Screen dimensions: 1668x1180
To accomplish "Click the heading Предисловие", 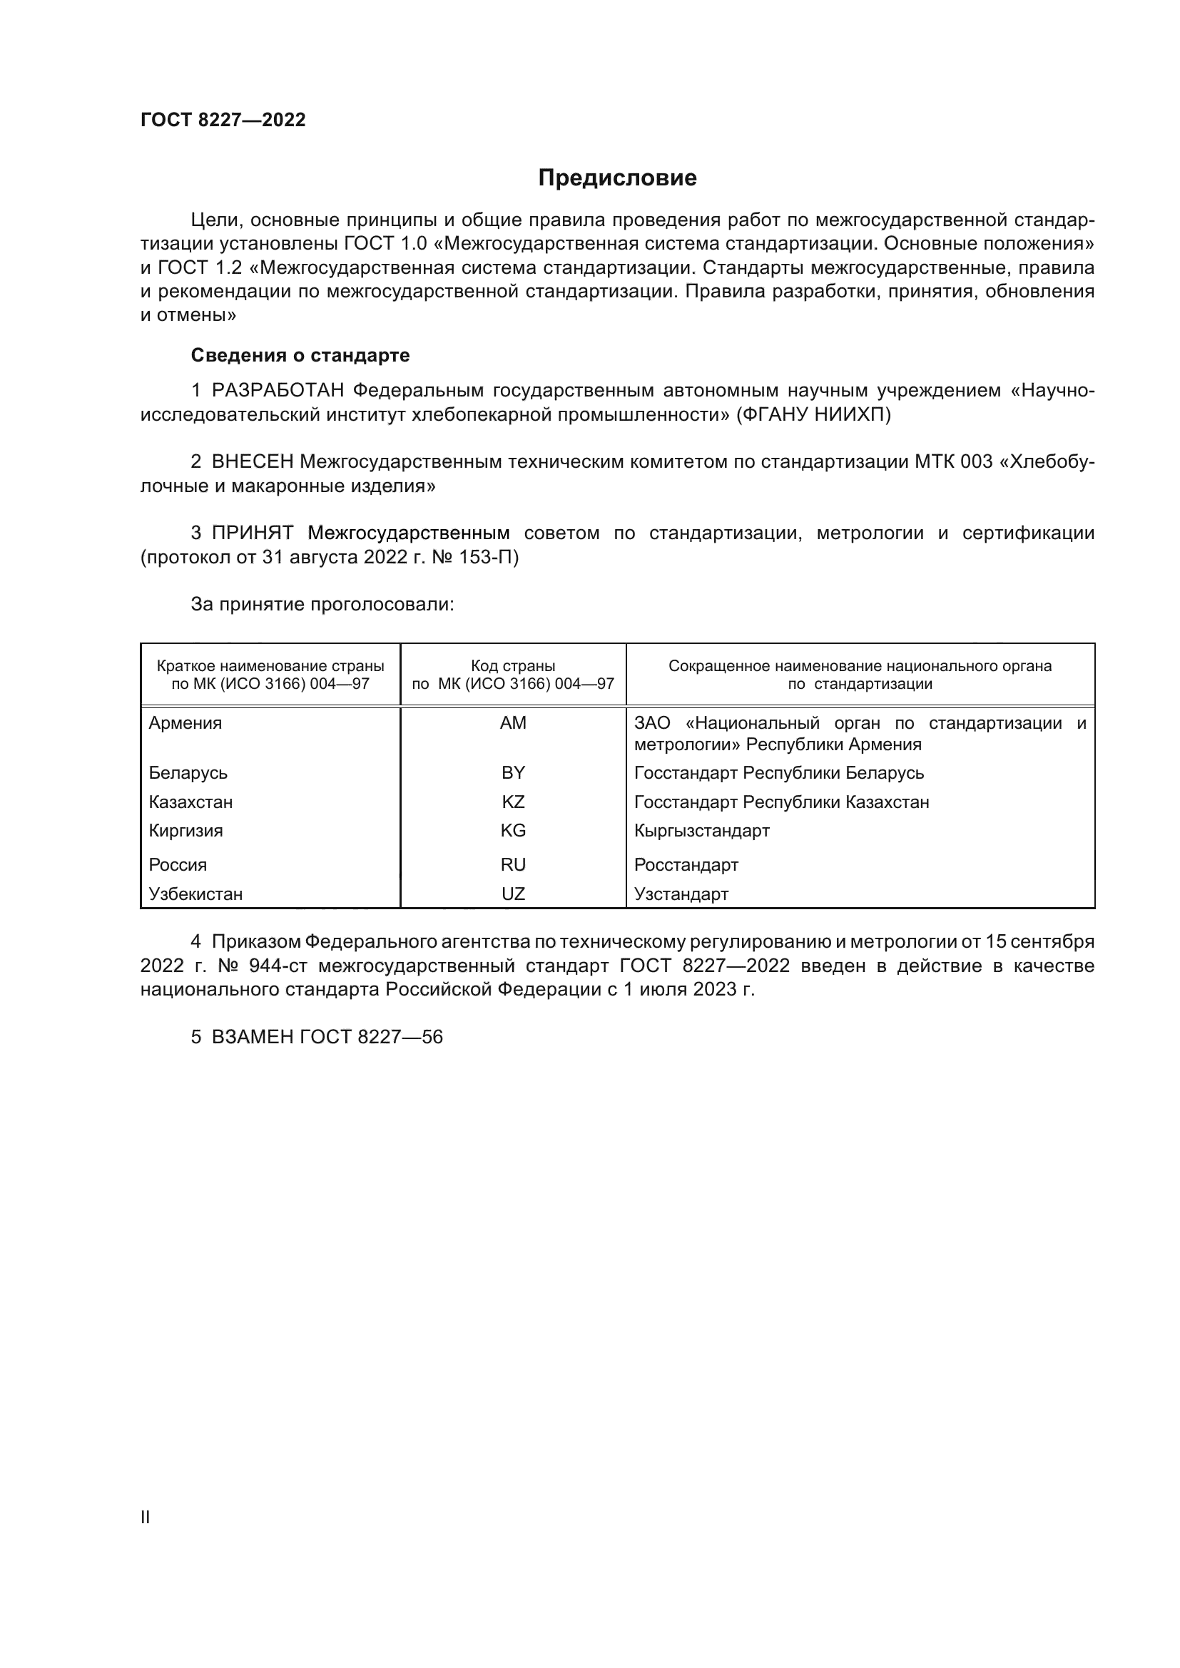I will tap(617, 178).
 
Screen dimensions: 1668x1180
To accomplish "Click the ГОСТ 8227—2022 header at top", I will tap(223, 121).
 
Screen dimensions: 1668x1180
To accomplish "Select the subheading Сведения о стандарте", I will tap(300, 355).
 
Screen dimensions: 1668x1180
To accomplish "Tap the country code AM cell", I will tap(513, 723).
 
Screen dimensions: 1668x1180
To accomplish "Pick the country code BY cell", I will tap(513, 772).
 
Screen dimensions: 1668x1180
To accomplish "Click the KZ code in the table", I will tap(513, 802).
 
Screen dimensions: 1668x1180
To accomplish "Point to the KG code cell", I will tap(513, 830).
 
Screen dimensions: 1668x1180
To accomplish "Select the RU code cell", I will tap(513, 864).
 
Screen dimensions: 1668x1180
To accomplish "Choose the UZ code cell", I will tap(513, 894).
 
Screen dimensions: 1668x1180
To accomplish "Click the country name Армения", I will tap(185, 723).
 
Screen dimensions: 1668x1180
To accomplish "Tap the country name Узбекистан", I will tap(195, 894).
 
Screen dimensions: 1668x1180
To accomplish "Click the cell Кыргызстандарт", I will tap(701, 830).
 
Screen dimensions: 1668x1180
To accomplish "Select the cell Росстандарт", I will tap(686, 864).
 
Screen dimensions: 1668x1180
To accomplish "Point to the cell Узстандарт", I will tap(681, 894).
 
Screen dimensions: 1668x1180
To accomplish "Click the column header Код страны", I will tap(513, 666).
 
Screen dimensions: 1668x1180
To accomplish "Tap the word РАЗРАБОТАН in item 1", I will tap(278, 391).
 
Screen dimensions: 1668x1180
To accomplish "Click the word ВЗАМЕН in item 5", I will tap(252, 1037).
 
